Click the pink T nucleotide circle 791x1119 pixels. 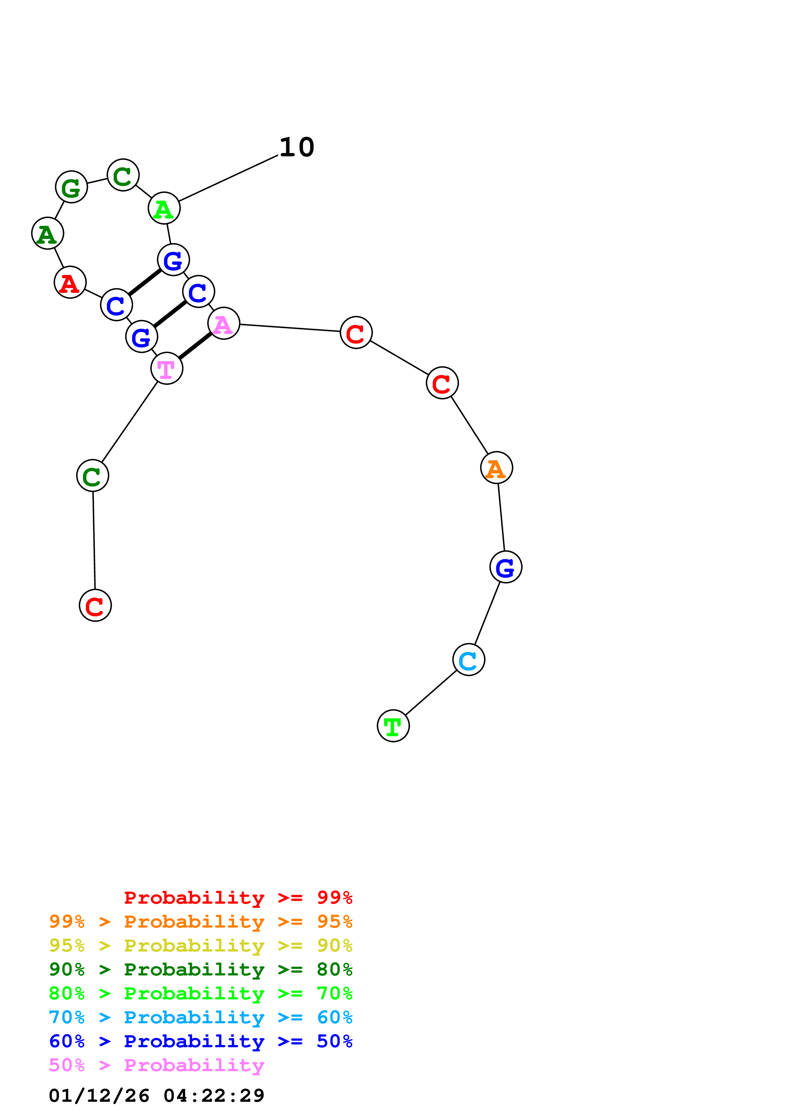click(167, 368)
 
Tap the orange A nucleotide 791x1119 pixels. click(496, 468)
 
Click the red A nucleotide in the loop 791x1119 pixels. click(70, 282)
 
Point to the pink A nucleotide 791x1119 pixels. click(224, 324)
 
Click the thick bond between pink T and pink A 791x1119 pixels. click(195, 346)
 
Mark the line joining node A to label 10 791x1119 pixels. click(228, 178)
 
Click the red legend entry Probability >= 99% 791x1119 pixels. click(238, 897)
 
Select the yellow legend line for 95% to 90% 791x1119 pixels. click(200, 945)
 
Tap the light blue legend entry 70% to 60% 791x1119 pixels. click(200, 1017)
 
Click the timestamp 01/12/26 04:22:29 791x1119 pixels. click(156, 1096)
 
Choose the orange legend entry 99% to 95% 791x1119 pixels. click(200, 922)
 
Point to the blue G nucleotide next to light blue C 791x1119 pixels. click(505, 567)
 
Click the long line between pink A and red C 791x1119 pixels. click(290, 328)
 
